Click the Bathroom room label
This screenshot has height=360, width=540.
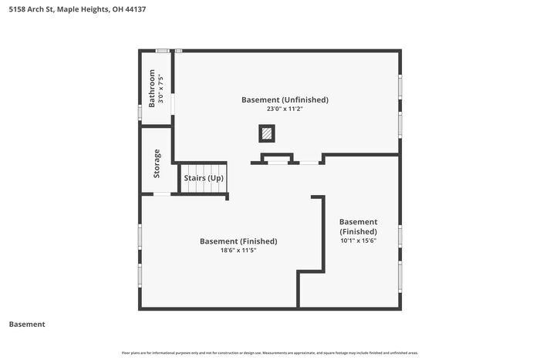151,89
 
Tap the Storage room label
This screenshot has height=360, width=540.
157,163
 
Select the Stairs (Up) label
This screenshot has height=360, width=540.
204,178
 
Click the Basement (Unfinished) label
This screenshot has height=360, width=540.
285,99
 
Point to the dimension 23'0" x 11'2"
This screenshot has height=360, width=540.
285,109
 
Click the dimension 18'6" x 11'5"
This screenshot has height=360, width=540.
238,251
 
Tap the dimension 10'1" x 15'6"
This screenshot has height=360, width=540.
358,241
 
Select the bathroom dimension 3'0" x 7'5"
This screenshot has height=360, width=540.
160,89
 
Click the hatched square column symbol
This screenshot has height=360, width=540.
267,133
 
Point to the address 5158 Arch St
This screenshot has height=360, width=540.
31,9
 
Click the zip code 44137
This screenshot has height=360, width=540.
135,9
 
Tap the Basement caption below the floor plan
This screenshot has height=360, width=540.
27,325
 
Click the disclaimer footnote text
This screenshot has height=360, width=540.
270,353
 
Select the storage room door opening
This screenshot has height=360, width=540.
162,194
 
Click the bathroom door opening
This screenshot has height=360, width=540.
173,104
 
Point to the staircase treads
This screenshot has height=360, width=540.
204,178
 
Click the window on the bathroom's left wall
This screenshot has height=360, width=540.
140,113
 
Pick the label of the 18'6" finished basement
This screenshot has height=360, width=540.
238,241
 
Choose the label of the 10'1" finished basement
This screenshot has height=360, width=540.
358,227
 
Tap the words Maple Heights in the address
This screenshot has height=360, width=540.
83,9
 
